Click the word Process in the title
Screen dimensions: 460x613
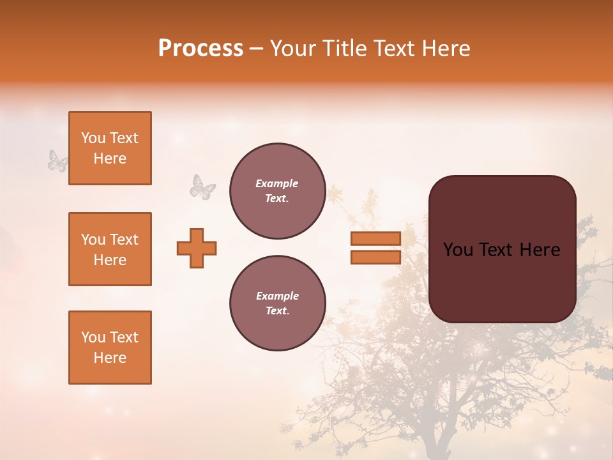point(201,49)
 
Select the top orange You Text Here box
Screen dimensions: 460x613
point(110,148)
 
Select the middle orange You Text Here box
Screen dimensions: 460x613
point(110,249)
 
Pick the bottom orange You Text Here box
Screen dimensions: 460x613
point(110,348)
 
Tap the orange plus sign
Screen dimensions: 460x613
point(197,248)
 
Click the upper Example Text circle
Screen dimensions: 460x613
point(277,191)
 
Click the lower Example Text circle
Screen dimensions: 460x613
point(277,303)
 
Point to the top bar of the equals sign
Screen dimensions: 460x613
point(376,238)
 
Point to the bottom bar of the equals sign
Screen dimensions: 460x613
point(376,257)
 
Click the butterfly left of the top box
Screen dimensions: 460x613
point(57,161)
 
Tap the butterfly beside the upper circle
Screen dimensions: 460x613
point(202,187)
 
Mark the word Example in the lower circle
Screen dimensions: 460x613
point(277,296)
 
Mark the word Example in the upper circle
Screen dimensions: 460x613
point(277,183)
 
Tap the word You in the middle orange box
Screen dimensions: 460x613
point(92,240)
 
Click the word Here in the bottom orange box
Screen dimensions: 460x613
point(110,358)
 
